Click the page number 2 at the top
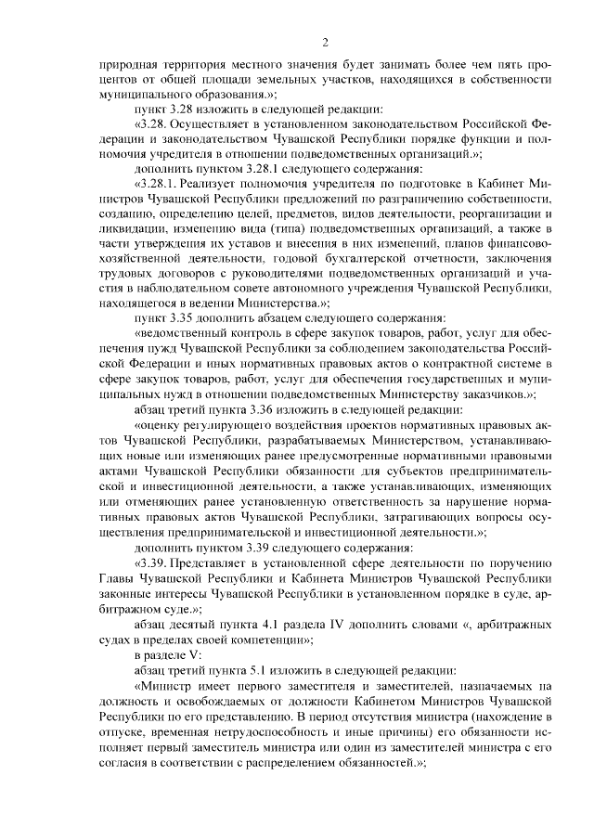click(x=326, y=42)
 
